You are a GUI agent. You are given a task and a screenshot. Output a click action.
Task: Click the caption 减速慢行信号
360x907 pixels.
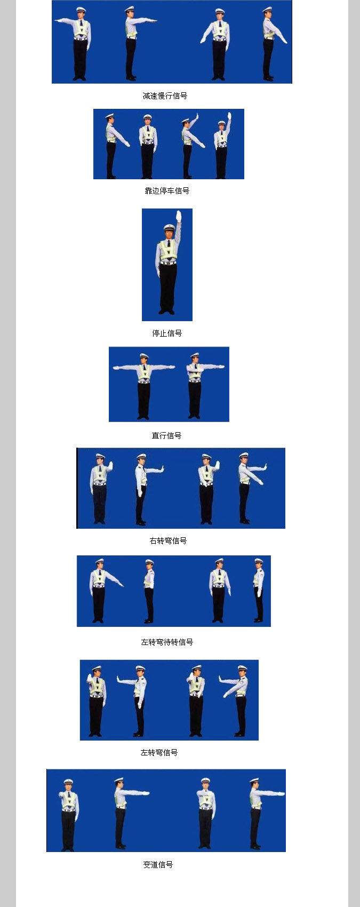pyautogui.click(x=165, y=96)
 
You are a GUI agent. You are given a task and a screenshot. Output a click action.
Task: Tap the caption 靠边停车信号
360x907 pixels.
pyautogui.click(x=167, y=190)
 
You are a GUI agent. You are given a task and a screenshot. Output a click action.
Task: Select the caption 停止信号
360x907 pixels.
pyautogui.click(x=167, y=333)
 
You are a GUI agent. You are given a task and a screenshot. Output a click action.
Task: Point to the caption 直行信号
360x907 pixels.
pyautogui.click(x=166, y=436)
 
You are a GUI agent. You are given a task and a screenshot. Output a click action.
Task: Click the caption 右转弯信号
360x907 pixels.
pyautogui.click(x=168, y=540)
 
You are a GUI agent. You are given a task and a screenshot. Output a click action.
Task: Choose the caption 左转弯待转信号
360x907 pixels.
pyautogui.click(x=167, y=642)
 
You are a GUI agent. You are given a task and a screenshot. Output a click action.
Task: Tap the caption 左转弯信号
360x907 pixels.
pyautogui.click(x=159, y=752)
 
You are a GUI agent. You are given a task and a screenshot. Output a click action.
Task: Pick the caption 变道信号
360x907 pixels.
pyautogui.click(x=158, y=864)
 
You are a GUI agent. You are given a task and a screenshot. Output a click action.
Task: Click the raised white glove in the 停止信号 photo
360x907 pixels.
pyautogui.click(x=179, y=216)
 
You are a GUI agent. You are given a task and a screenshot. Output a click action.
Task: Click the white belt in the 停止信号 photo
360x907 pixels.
pyautogui.click(x=168, y=263)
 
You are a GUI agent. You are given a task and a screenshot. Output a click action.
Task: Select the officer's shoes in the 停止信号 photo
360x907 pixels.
pyautogui.click(x=167, y=312)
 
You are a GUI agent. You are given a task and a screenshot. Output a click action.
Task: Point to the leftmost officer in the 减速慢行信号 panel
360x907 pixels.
pyautogui.click(x=77, y=44)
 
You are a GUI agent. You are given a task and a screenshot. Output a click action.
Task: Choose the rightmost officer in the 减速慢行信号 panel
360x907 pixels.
pyautogui.click(x=272, y=44)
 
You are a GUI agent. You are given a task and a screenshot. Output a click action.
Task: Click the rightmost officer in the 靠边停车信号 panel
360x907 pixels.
pyautogui.click(x=223, y=145)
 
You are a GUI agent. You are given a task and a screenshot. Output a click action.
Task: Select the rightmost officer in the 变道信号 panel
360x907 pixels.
pyautogui.click(x=263, y=814)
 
